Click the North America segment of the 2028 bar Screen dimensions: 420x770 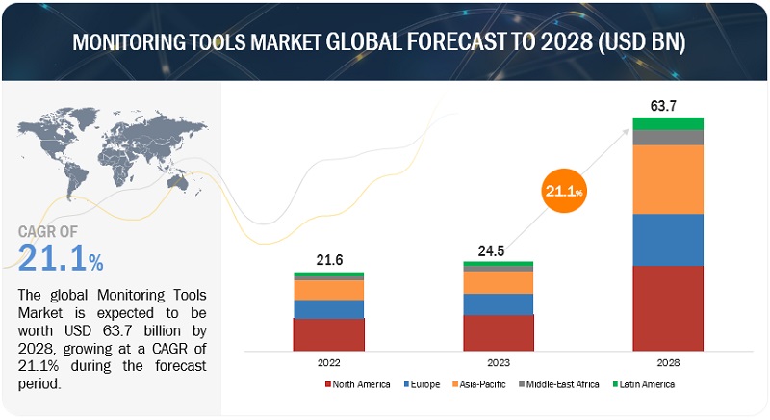point(668,307)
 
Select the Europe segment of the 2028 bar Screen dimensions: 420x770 point(668,239)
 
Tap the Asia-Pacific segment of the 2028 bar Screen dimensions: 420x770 point(668,179)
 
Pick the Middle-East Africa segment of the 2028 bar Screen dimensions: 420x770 point(668,137)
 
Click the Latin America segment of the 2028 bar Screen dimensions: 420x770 point(668,123)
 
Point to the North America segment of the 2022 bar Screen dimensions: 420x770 point(329,333)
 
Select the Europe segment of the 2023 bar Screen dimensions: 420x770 point(498,304)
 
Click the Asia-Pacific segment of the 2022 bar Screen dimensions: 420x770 point(329,290)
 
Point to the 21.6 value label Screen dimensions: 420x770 point(329,259)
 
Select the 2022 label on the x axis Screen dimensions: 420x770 point(329,363)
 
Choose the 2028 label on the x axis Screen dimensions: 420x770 point(668,363)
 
